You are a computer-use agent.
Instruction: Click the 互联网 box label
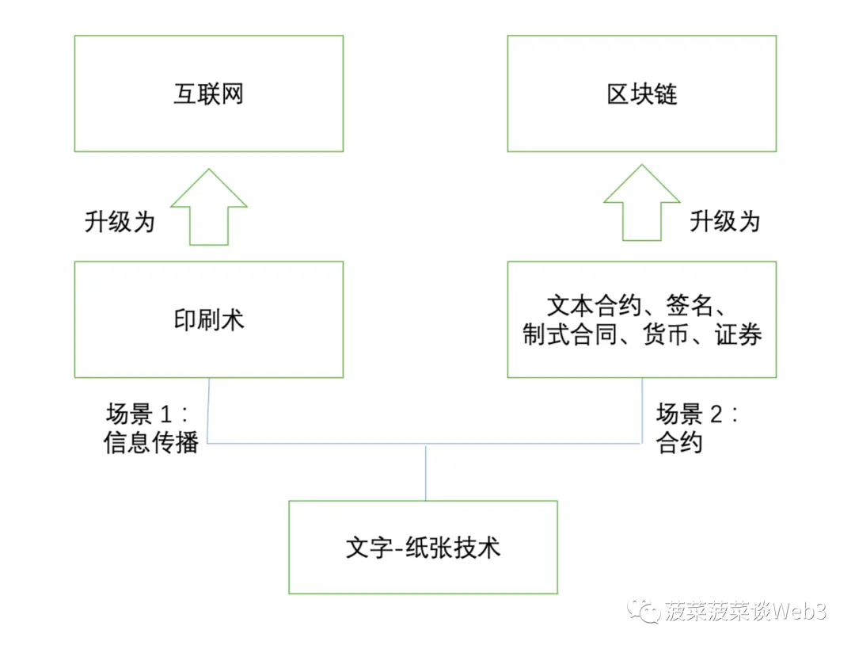pos(208,94)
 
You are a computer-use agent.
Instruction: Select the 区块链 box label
pos(642,94)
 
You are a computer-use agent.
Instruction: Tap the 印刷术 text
pos(208,319)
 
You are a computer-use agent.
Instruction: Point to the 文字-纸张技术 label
pos(423,548)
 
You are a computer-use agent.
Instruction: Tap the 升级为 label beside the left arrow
pos(120,222)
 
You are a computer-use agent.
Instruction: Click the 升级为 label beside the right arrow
pos(724,221)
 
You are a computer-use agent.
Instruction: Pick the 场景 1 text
pos(146,414)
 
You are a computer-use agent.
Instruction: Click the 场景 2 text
pos(697,414)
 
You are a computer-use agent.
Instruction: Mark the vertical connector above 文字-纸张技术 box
pos(426,472)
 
